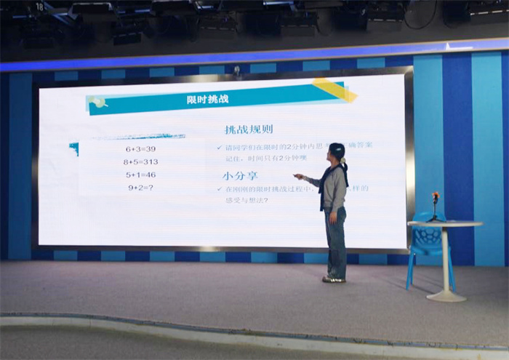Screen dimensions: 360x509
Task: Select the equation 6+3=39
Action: coord(140,148)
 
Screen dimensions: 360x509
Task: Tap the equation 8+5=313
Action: coord(140,161)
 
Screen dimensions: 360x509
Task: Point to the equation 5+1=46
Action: coord(140,175)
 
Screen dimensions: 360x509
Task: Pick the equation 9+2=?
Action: coord(140,187)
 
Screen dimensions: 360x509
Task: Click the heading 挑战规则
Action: coord(249,130)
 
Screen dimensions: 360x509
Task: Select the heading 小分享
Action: coord(240,175)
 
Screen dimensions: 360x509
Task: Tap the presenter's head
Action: coord(337,151)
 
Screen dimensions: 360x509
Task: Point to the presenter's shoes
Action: coord(334,279)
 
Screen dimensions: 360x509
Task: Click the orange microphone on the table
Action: coord(436,196)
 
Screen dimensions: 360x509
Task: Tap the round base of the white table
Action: coord(446,295)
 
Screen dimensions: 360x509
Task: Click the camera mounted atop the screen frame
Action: coord(236,72)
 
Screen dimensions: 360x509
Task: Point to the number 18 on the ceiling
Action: coord(39,7)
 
